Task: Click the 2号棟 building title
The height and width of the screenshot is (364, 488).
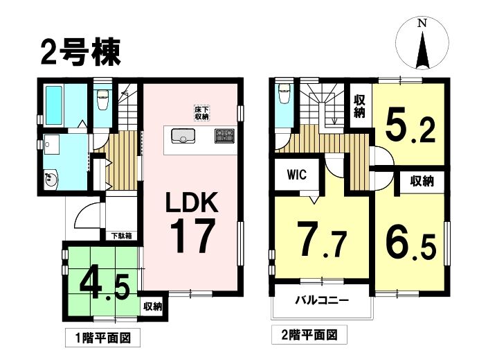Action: [80, 53]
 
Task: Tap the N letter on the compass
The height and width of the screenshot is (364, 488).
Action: [422, 24]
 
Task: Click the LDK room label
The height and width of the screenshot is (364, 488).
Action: [192, 202]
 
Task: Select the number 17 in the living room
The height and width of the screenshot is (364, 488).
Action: [192, 235]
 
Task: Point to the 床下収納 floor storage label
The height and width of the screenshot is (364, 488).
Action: [201, 113]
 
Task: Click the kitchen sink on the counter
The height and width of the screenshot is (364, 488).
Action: [183, 136]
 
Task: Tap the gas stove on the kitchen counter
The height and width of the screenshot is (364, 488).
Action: [224, 136]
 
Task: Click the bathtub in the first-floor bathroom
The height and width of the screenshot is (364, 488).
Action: [54, 105]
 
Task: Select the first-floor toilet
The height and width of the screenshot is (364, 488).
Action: [102, 100]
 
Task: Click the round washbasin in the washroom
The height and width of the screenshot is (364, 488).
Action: [51, 180]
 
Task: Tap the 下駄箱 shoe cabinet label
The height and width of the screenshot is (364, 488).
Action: [122, 236]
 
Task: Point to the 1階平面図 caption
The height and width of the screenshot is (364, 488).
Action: [103, 338]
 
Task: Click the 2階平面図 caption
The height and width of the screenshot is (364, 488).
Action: [309, 336]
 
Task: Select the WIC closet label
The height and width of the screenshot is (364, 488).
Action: [296, 175]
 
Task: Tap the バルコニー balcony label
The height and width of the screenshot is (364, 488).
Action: [322, 301]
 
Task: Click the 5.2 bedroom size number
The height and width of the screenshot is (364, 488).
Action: [410, 125]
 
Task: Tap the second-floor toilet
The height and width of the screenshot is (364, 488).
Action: [284, 94]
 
